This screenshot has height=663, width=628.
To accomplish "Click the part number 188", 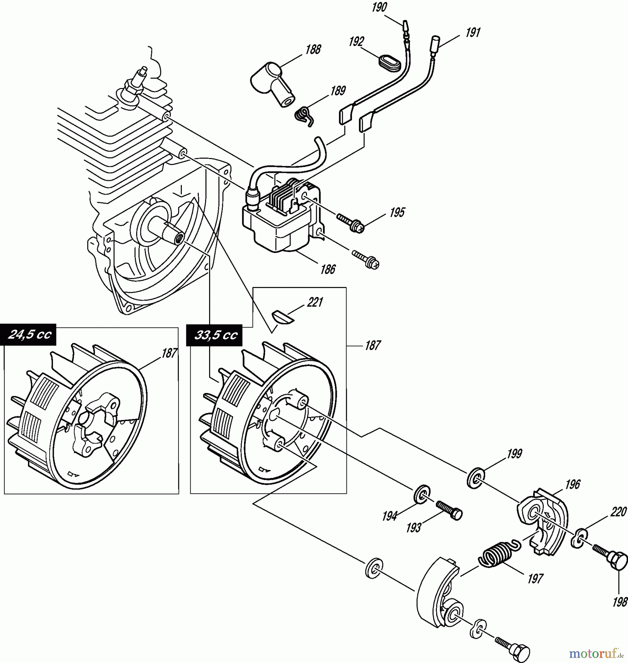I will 313,50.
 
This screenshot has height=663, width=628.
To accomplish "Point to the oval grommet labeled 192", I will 390,62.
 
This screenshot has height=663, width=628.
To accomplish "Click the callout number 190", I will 380,7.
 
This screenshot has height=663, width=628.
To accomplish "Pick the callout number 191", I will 473,33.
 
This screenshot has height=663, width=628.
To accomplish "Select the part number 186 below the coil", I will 328,269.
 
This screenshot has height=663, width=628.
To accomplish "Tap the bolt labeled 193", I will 449,510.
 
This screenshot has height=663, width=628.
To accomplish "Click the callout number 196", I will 572,484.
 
